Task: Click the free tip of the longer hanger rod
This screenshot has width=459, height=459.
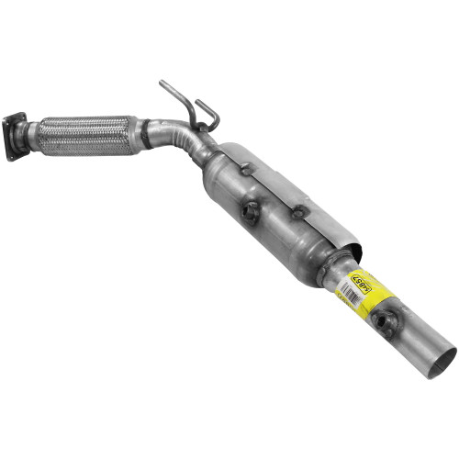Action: tap(161, 84)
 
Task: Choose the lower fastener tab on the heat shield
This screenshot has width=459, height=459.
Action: tap(297, 213)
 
